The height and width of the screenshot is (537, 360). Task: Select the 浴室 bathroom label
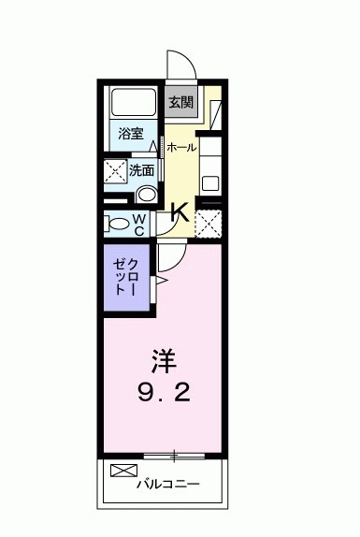pos(131,134)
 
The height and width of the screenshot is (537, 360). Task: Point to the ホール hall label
pos(181,147)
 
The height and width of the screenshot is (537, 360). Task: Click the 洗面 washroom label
pos(141,171)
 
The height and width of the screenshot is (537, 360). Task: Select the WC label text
pos(137,224)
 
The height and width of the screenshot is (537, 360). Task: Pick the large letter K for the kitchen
pos(180,213)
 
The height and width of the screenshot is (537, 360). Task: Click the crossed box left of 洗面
pos(115,172)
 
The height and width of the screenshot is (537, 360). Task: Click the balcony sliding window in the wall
pos(173,456)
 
